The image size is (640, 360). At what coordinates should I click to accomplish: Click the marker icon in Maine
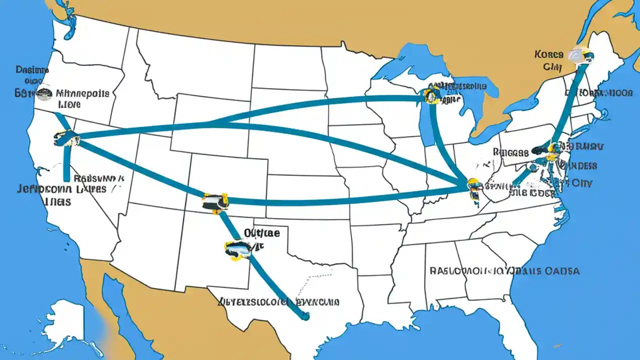[581, 55]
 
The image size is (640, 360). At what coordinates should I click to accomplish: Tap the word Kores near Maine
[548, 54]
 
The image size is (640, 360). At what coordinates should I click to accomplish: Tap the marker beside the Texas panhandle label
[237, 249]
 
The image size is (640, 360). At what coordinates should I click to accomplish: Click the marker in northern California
[66, 138]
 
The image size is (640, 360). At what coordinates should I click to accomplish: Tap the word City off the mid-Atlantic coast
[581, 183]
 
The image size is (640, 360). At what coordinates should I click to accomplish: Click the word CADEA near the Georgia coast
[562, 271]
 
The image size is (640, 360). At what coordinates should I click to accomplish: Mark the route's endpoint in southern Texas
[304, 315]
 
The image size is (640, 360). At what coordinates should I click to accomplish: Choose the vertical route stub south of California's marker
[66, 165]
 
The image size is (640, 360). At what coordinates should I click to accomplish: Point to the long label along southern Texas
[279, 302]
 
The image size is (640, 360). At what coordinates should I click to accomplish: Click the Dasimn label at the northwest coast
[32, 70]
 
